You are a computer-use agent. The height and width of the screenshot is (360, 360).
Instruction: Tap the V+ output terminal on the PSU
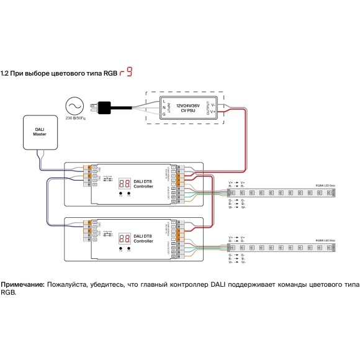213,111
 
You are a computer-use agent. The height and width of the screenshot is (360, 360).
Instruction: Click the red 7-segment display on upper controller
124,183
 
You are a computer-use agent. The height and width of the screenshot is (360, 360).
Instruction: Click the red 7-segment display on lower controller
124,238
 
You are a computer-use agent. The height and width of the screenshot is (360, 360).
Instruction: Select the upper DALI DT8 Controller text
143,183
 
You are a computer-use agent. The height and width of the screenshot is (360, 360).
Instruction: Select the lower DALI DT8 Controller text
143,238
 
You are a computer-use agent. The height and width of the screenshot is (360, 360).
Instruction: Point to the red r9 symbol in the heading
126,72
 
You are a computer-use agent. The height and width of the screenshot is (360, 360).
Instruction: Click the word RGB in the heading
110,73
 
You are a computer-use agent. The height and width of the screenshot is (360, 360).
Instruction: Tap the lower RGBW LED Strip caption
325,239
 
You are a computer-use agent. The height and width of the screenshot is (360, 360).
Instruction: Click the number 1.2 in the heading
5,73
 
